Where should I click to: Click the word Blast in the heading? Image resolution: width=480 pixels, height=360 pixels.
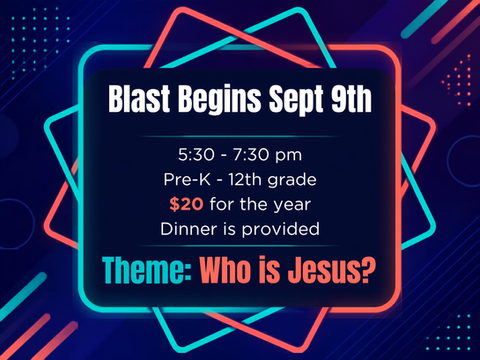(x=139, y=99)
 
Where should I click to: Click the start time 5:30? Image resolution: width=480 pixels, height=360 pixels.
(x=196, y=155)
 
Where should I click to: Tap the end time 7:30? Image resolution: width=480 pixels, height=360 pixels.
(x=251, y=155)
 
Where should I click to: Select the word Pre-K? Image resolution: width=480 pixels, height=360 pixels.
(x=187, y=180)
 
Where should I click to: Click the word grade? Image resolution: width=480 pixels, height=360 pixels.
(x=292, y=181)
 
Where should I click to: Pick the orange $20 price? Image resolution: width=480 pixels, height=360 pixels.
(x=186, y=204)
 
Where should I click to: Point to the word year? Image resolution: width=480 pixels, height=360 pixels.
(x=292, y=205)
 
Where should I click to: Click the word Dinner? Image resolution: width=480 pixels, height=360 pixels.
(x=189, y=229)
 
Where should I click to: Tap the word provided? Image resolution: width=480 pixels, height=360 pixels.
(x=280, y=230)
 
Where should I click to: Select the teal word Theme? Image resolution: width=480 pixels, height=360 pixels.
(x=147, y=270)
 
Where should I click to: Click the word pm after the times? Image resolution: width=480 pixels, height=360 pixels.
(x=289, y=156)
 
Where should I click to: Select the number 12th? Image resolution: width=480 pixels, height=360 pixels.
(x=245, y=180)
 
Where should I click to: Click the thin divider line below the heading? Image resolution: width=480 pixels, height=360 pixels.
(x=239, y=137)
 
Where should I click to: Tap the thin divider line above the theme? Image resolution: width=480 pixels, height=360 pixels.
(x=239, y=246)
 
